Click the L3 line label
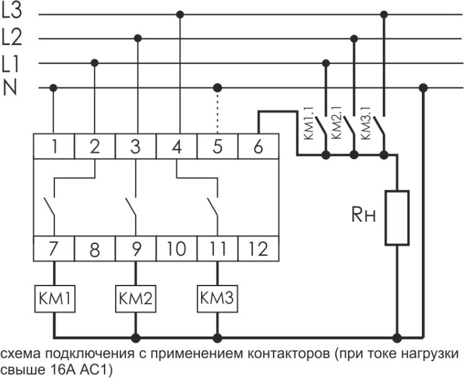coord(12,12)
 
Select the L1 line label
coord(11,63)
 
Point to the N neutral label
coord(11,88)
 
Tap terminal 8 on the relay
coord(95,250)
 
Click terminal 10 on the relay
coord(176,250)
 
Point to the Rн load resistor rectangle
coord(397,217)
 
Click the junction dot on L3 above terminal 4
coord(179,13)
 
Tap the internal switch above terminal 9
coord(131,207)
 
